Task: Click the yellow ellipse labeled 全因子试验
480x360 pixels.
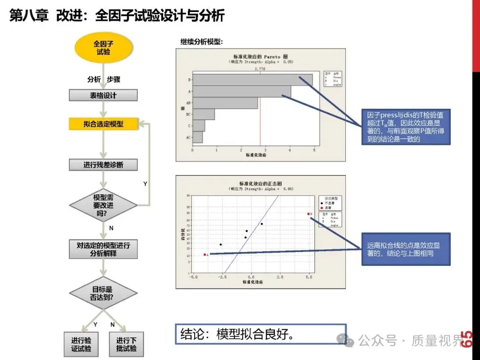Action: click(x=103, y=48)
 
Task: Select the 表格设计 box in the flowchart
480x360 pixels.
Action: click(x=103, y=95)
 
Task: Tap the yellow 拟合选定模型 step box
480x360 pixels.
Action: click(x=103, y=124)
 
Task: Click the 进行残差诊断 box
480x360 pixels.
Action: click(x=103, y=165)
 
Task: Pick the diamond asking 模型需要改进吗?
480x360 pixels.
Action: click(x=103, y=205)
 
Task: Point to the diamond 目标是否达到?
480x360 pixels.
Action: click(x=103, y=293)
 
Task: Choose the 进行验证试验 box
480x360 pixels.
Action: click(x=81, y=344)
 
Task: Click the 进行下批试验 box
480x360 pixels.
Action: click(x=127, y=344)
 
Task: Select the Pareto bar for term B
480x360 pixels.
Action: click(x=252, y=80)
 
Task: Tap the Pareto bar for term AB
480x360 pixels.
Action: click(x=225, y=103)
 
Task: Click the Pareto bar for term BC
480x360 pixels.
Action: click(x=204, y=114)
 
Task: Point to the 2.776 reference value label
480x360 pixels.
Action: click(x=260, y=69)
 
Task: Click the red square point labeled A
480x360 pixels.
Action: click(x=204, y=255)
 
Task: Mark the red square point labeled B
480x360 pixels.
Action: click(x=308, y=214)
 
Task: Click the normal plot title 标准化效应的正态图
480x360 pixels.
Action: click(x=260, y=183)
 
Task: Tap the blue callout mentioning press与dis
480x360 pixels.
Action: click(x=405, y=127)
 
